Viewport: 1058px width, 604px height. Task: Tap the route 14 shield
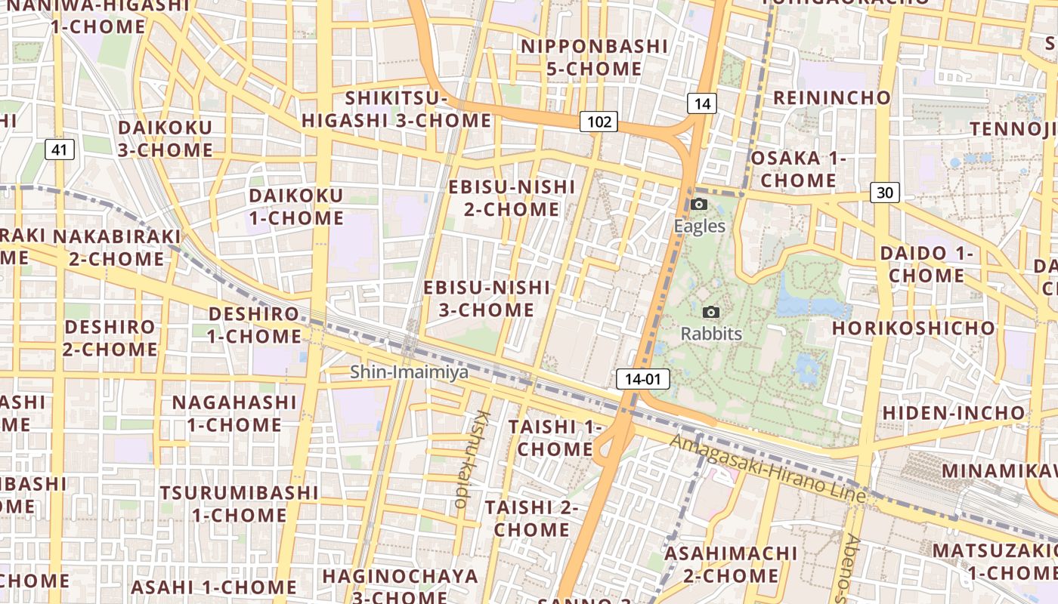coord(702,104)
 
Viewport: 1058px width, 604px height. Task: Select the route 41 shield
coord(60,149)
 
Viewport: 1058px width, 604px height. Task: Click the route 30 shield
coord(884,193)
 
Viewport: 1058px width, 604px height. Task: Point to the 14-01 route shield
coord(643,379)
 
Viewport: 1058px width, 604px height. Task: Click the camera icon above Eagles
coord(699,205)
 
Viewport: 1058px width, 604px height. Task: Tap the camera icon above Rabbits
coord(710,312)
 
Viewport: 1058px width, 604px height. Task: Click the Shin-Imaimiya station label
coord(409,372)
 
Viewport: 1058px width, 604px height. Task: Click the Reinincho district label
coord(832,97)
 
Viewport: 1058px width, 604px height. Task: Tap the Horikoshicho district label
coord(914,328)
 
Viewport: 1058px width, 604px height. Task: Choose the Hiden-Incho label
coord(954,413)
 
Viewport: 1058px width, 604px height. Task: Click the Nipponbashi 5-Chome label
coord(594,57)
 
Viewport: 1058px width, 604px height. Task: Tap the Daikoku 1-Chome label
coord(296,207)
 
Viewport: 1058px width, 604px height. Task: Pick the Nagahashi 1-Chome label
coord(234,413)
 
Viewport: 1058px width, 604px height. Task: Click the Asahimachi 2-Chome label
coord(730,564)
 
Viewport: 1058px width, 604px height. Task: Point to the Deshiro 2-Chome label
coord(110,338)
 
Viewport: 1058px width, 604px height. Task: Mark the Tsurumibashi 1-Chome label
coord(239,504)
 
